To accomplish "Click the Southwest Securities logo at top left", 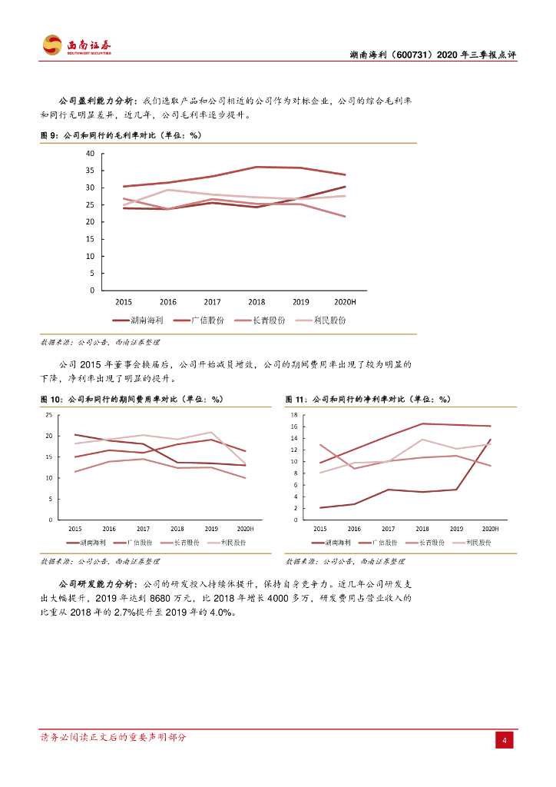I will coord(76,45).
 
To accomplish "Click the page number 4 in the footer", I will coord(504,740).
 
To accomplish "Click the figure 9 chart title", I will coord(121,135).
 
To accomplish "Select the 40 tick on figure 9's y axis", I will coord(90,154).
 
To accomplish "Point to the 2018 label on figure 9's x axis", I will coord(256,302).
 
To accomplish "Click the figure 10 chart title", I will coord(131,400).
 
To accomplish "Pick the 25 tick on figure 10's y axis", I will coord(49,415).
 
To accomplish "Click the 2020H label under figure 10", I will coord(245,529).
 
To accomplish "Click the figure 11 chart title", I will coord(368,400).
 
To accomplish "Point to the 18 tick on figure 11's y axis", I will coord(293,415).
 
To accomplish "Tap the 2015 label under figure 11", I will coord(320,529).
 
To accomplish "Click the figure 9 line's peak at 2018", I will coord(256,167).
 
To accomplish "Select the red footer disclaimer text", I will coord(113,738).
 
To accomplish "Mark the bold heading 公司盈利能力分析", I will coord(98,101).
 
